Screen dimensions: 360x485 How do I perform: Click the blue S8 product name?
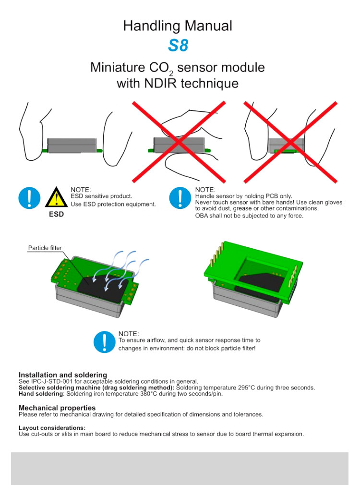(178, 45)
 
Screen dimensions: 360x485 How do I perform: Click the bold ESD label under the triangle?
(56, 214)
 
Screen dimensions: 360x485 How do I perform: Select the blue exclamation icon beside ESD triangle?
(29, 198)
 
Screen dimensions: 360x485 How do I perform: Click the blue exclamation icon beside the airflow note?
(105, 342)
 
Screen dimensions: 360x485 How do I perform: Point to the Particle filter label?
(45, 248)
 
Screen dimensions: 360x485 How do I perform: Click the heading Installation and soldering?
(63, 375)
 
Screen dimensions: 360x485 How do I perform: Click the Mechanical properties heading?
(57, 408)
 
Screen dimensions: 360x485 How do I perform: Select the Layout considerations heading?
(52, 428)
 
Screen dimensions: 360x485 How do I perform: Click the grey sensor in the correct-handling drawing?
(72, 145)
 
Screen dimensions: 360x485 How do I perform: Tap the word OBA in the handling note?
(201, 216)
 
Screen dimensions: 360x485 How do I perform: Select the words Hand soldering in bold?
(41, 394)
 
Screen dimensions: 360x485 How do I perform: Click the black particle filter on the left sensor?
(103, 289)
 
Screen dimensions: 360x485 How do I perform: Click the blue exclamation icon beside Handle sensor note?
(180, 198)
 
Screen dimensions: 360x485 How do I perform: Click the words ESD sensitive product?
(101, 196)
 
